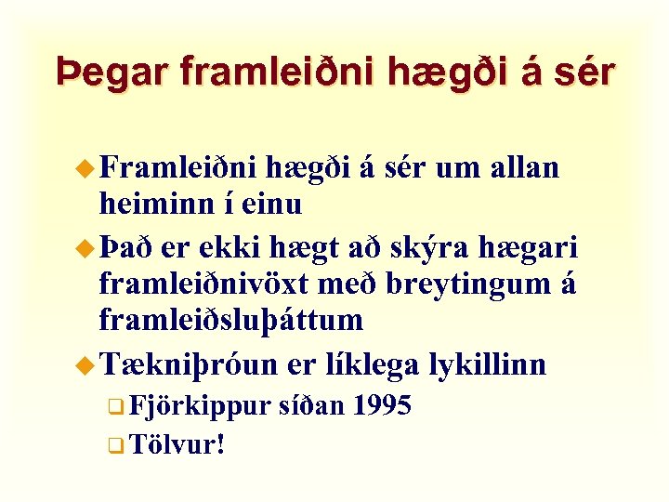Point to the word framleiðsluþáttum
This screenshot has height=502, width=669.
(x=230, y=319)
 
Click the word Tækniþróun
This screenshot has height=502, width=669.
(x=188, y=364)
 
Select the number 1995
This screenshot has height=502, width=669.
(x=381, y=405)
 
